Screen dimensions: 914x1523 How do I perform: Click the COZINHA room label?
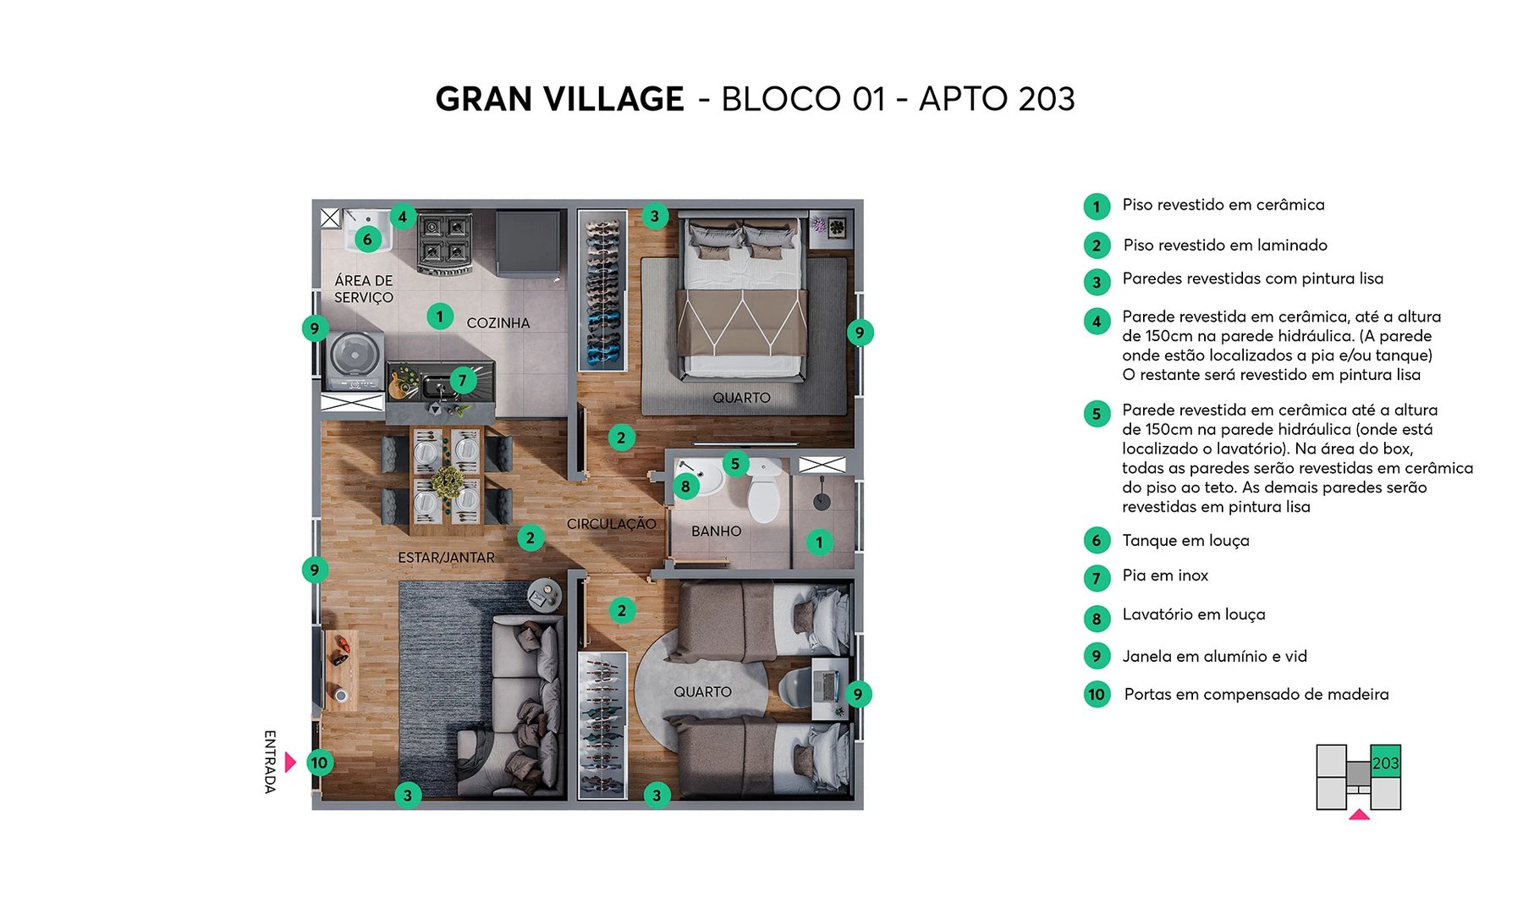click(x=498, y=323)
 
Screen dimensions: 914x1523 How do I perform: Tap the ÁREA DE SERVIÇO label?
click(x=364, y=289)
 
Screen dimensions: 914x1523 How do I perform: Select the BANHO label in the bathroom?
click(x=716, y=531)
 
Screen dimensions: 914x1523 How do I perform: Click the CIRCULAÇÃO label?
click(x=611, y=524)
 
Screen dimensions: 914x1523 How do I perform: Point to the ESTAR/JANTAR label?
click(x=446, y=558)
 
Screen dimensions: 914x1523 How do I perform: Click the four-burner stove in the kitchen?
click(x=444, y=242)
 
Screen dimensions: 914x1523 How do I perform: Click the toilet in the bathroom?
click(x=765, y=494)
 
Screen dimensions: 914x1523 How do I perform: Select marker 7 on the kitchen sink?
click(x=462, y=380)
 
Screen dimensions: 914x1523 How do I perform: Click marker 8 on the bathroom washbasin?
click(x=685, y=486)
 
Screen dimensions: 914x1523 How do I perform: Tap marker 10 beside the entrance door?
click(x=319, y=763)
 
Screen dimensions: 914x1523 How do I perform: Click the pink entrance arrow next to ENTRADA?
click(x=289, y=763)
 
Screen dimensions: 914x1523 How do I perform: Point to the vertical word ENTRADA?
click(x=270, y=762)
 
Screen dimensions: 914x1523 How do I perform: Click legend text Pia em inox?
click(x=1164, y=575)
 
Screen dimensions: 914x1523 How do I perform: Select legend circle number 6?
click(x=1097, y=540)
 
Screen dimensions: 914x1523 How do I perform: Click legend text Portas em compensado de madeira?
click(x=1256, y=695)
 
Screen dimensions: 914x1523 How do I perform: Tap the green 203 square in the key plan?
click(x=1385, y=763)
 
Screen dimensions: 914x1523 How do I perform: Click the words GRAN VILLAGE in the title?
click(x=559, y=99)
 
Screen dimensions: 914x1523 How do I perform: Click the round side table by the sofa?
click(x=543, y=592)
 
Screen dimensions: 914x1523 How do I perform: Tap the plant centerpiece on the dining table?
click(x=447, y=482)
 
